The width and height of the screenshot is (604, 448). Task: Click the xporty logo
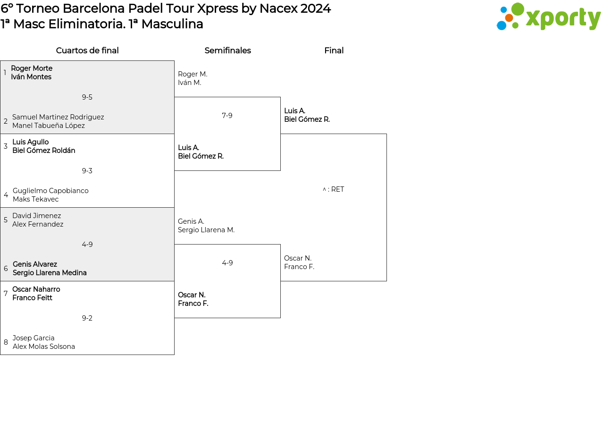click(x=548, y=17)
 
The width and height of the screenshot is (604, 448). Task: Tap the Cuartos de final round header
click(x=87, y=51)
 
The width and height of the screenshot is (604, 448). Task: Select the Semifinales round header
click(x=227, y=51)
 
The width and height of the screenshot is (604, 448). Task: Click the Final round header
click(x=334, y=51)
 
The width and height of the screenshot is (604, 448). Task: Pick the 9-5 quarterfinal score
click(x=87, y=97)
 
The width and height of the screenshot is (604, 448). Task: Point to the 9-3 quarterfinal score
click(x=87, y=170)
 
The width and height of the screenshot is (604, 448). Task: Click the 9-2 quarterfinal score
click(x=87, y=318)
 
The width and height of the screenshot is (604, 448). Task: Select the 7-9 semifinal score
click(x=227, y=116)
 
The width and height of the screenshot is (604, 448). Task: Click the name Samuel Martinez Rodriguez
click(x=58, y=117)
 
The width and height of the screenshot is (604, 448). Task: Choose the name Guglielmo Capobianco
click(x=50, y=190)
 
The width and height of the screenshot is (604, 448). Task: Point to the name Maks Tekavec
click(x=36, y=199)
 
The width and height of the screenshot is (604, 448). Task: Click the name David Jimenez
click(x=36, y=216)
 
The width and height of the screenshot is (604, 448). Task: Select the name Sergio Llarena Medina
click(x=50, y=272)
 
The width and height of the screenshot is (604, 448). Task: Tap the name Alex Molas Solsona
click(x=43, y=347)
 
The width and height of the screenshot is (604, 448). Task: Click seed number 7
click(x=6, y=294)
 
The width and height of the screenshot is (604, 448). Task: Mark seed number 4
click(x=6, y=195)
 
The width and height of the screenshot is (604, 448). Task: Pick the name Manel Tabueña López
click(x=49, y=126)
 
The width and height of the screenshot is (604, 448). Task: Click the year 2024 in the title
click(x=316, y=8)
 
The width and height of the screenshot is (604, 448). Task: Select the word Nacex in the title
click(x=278, y=8)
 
